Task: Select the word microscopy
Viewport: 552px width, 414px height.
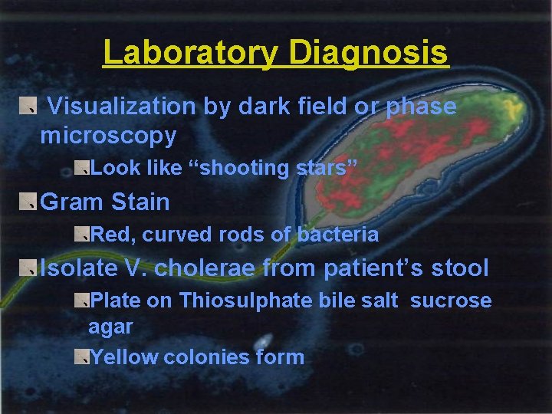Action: pos(108,136)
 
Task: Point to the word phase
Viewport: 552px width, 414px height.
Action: pos(421,107)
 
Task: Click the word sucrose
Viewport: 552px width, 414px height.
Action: pos(451,301)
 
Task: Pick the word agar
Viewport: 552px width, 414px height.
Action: pos(110,327)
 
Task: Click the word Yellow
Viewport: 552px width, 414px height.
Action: pos(124,357)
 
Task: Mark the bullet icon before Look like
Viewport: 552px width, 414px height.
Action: pos(82,167)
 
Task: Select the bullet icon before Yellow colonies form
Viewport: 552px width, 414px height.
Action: pos(82,356)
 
